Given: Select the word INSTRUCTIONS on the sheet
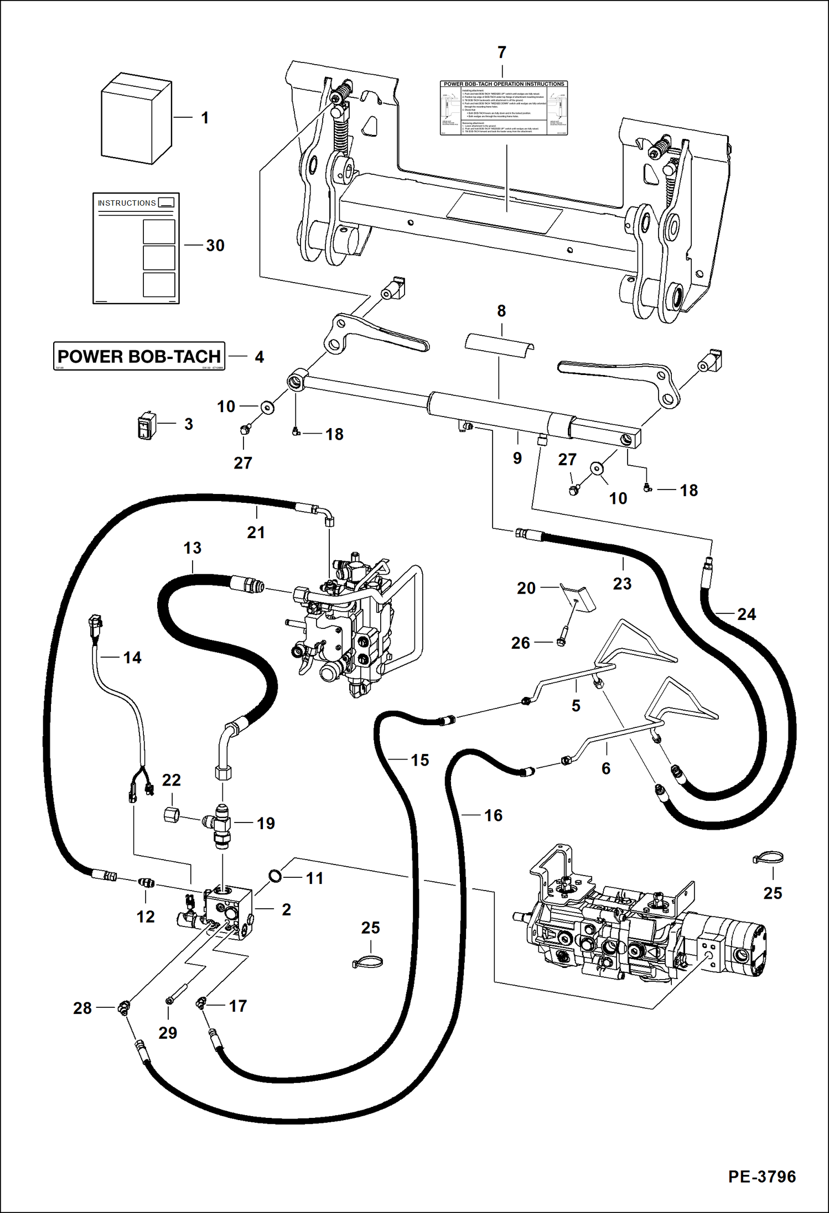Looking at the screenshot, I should (x=127, y=203).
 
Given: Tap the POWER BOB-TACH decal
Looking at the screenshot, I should (x=139, y=356).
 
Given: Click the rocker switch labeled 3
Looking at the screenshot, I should (x=146, y=425).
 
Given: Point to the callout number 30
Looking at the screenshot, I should (x=215, y=246).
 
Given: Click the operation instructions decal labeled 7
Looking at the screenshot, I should (x=504, y=108).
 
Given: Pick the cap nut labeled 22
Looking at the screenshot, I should (x=172, y=814).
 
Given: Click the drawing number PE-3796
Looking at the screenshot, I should (x=761, y=1176).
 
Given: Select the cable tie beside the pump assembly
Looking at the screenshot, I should (x=768, y=858).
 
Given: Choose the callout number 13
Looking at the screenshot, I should (x=193, y=548).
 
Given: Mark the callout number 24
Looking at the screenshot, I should (x=746, y=614).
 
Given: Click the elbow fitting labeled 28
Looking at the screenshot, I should (x=123, y=1008).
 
